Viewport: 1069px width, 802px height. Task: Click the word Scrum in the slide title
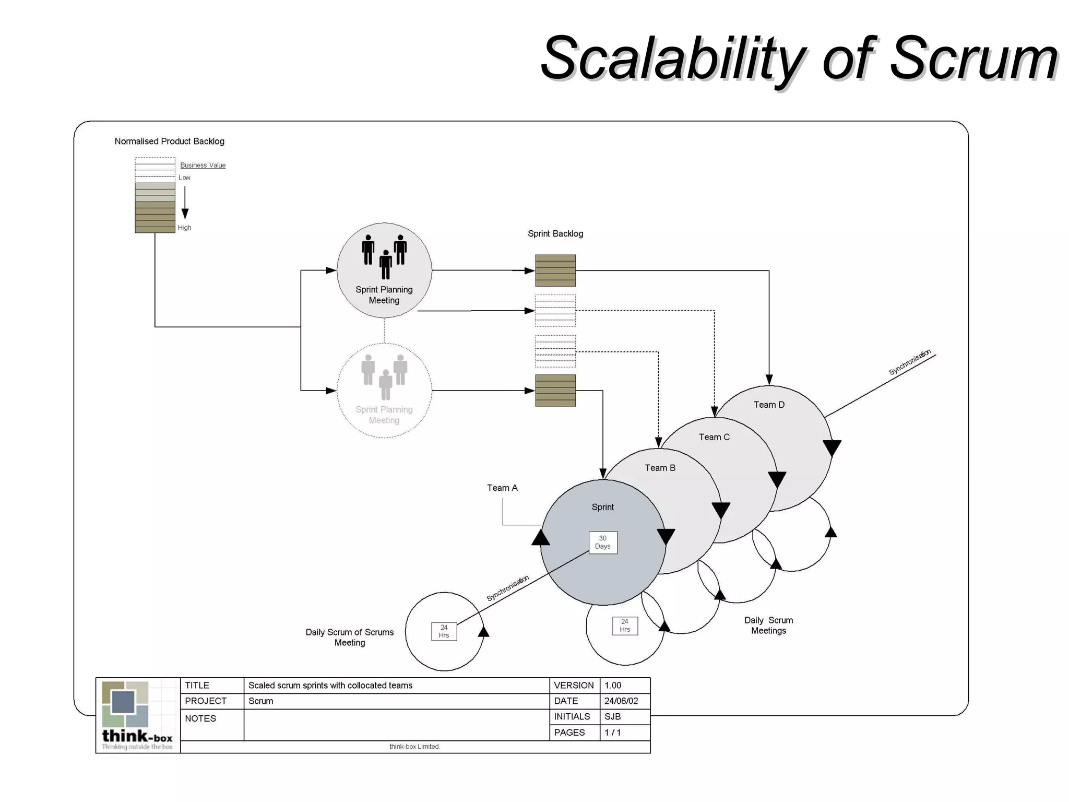pos(973,58)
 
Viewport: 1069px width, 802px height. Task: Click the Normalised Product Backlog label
pos(169,141)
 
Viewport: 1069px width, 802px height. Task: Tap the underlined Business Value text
pos(203,165)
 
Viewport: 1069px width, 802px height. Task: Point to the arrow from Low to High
pos(185,203)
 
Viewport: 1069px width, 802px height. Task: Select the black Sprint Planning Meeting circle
pos(384,270)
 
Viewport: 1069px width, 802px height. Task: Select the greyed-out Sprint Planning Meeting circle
pos(384,391)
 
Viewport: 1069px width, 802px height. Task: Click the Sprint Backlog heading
pos(555,234)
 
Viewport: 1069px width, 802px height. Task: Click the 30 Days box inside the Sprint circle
pos(603,542)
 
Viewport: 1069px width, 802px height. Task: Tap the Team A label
pos(502,488)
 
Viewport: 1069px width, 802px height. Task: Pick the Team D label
pos(769,405)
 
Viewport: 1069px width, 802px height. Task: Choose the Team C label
pos(714,437)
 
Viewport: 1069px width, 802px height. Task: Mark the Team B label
pos(660,468)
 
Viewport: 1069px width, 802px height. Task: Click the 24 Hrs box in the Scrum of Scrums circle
pos(444,631)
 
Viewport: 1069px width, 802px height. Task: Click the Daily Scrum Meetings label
pos(768,626)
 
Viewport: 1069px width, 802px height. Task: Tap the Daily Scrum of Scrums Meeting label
pos(349,638)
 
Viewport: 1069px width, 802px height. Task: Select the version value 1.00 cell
pos(613,686)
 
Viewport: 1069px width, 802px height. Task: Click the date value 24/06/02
pos(621,701)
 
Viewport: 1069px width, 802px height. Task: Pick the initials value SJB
pos(613,717)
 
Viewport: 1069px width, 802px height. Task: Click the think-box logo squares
pos(125,704)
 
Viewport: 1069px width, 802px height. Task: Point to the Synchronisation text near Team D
pos(910,362)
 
